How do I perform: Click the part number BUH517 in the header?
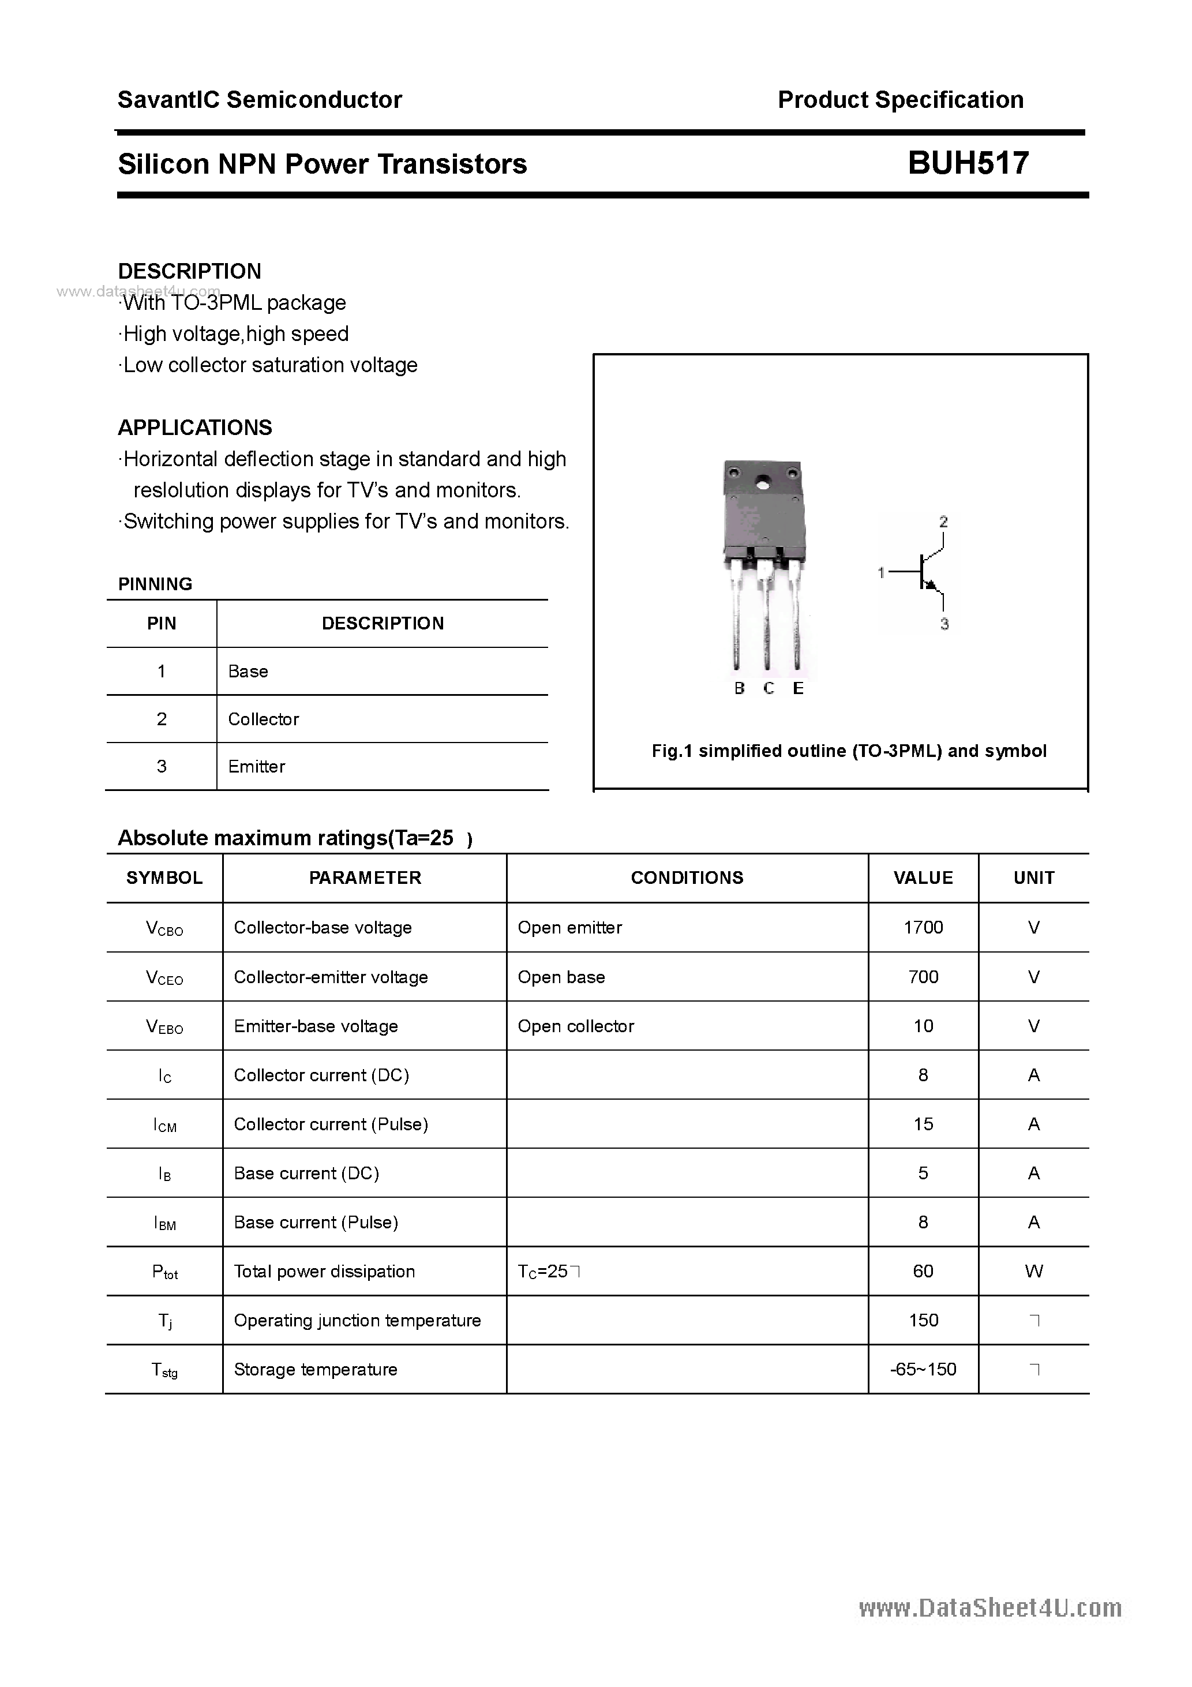click(968, 163)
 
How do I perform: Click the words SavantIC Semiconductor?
click(260, 100)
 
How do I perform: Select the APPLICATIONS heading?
click(195, 428)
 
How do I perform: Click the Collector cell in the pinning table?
click(263, 719)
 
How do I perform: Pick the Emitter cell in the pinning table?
click(257, 766)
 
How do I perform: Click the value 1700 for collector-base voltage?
click(923, 927)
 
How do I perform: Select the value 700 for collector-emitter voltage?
click(923, 977)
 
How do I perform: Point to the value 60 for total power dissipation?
click(923, 1271)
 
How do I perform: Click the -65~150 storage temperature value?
click(923, 1369)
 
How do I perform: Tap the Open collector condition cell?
click(575, 1026)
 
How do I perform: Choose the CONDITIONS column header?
click(687, 878)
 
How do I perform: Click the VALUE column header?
click(923, 878)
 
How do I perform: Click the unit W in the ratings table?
click(1033, 1271)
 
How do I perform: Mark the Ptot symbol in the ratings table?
click(164, 1272)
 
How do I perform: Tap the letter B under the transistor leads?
click(739, 688)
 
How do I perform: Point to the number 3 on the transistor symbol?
click(944, 624)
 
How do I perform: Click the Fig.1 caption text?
click(849, 751)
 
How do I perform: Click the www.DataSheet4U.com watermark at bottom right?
click(990, 1609)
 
